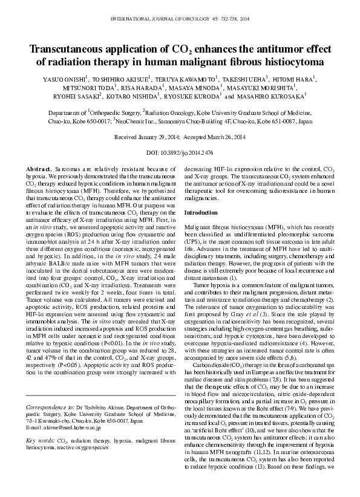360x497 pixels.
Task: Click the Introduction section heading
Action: (x=200, y=213)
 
